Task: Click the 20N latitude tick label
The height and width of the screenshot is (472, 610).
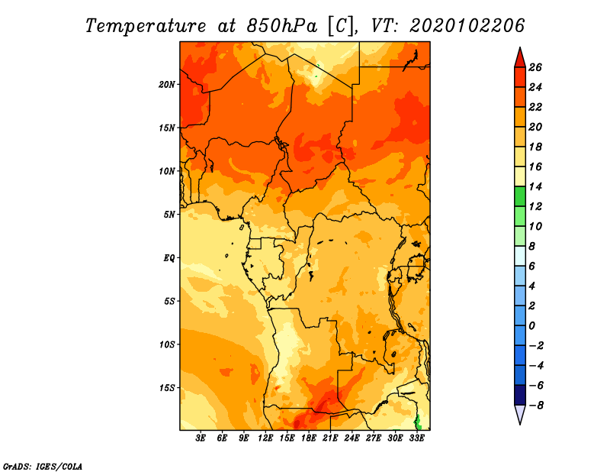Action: point(167,85)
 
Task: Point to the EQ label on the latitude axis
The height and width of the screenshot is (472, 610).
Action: point(169,258)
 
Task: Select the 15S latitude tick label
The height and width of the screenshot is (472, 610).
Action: point(167,388)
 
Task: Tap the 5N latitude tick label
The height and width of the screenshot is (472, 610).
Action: point(169,215)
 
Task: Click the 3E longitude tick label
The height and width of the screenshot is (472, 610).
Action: point(201,438)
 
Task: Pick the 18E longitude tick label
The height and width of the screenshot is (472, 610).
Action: point(309,438)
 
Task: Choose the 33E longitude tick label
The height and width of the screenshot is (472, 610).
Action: point(416,438)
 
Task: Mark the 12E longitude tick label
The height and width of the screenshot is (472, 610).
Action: point(265,438)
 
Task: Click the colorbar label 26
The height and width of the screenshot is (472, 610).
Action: point(535,67)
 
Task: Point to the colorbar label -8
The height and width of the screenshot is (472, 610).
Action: point(536,406)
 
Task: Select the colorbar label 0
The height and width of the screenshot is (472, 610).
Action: point(531,326)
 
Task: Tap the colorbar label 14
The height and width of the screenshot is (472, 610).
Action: point(535,186)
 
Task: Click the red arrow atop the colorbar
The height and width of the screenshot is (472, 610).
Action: point(520,59)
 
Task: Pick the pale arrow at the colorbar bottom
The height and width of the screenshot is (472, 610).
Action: point(520,414)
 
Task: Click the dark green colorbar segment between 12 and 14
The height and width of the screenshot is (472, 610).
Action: point(520,196)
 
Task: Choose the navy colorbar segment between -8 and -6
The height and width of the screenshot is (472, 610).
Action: point(520,395)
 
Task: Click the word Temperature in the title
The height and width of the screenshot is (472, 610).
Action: point(146,27)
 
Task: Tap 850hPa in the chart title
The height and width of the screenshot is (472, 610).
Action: point(281,26)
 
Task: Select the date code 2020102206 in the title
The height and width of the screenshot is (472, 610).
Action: point(467,26)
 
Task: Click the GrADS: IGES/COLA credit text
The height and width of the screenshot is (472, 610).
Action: point(43,467)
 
